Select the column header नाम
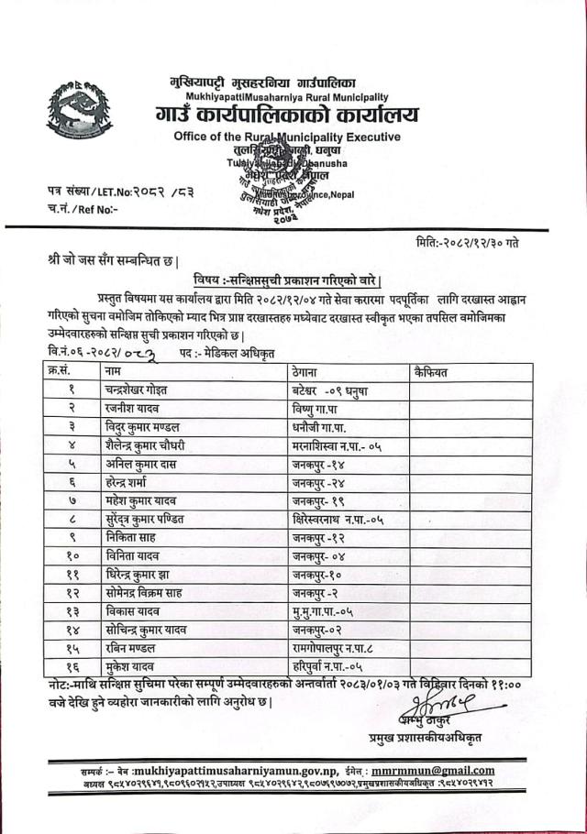click(x=115, y=371)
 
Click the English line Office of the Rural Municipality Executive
click(x=287, y=137)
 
